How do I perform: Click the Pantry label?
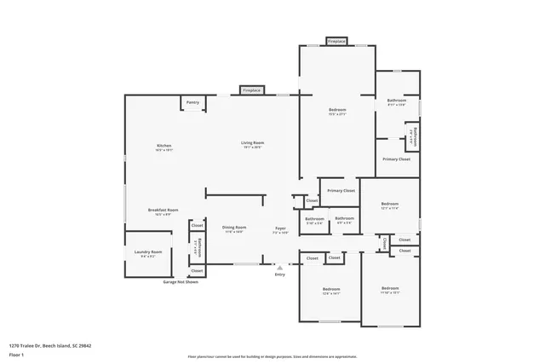coord(193,102)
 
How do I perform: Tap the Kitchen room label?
coord(164,146)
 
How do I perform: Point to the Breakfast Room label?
coord(162,210)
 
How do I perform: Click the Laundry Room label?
coord(148,251)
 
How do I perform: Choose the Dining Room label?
coord(234,228)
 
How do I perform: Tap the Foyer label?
coord(279,228)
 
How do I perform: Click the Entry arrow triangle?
coord(279,267)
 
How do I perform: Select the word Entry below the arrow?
coord(279,274)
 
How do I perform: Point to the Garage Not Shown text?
coord(180,281)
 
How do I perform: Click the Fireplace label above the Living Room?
coord(251,90)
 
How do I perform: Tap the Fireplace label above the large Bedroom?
coord(336,40)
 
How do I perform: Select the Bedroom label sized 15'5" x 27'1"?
coord(337,110)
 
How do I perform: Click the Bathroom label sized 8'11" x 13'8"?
coord(398,101)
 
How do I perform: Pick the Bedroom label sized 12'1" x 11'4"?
coord(389,204)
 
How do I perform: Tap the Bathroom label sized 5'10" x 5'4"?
coord(313,219)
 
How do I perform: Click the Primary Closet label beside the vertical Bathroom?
coord(396,159)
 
